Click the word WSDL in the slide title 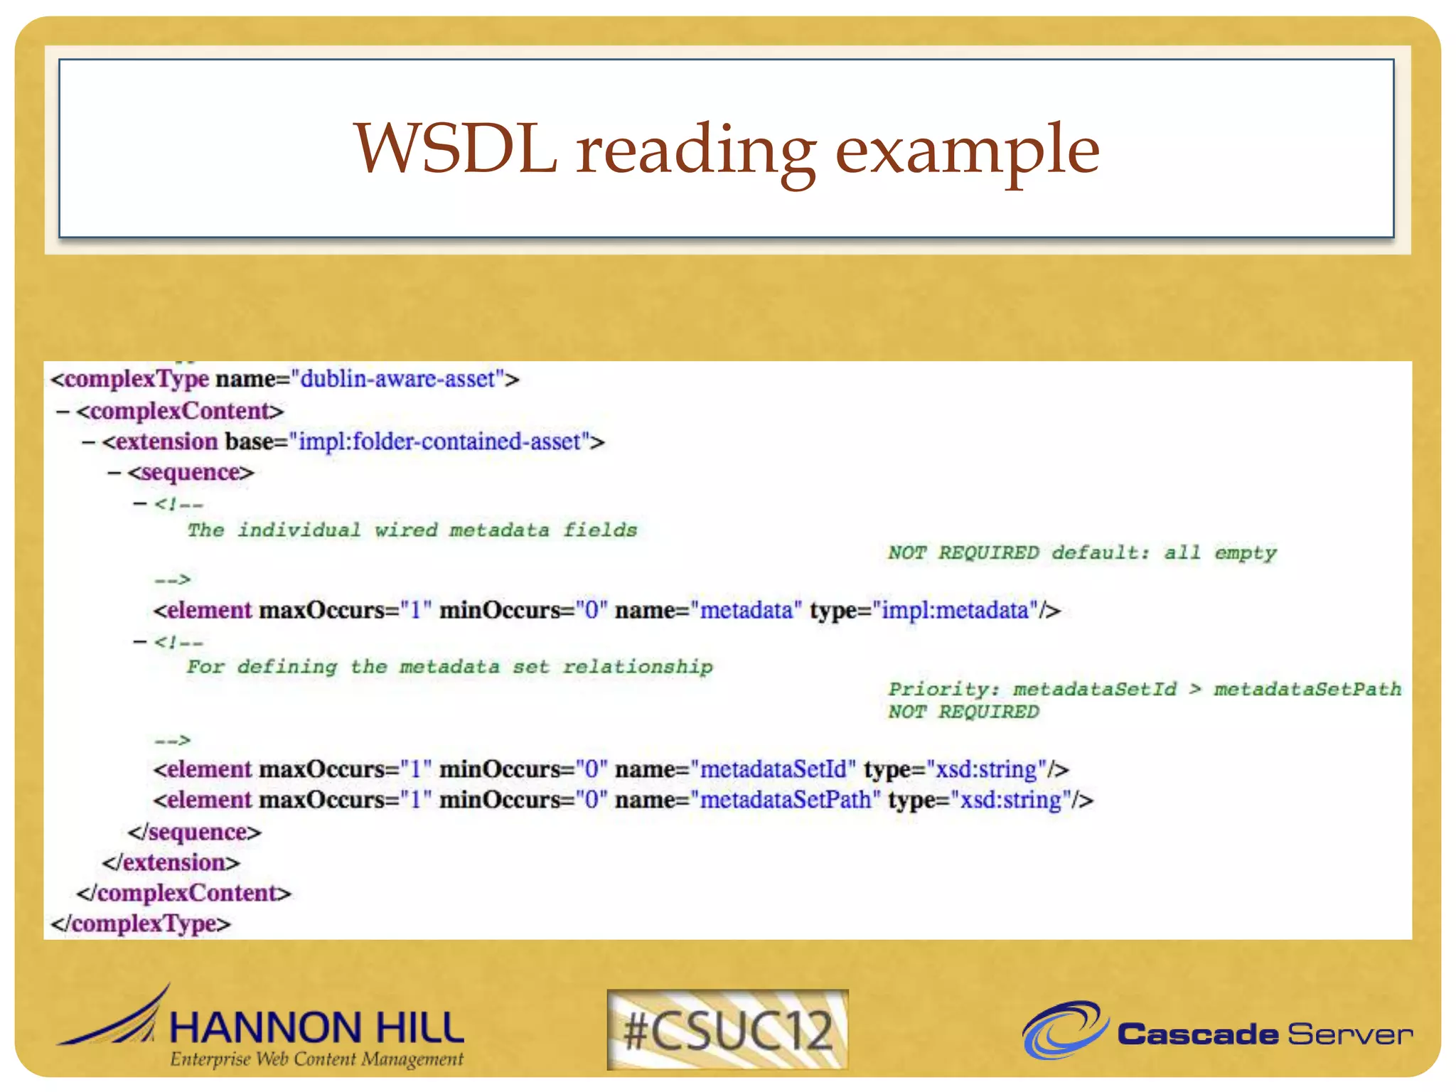(455, 149)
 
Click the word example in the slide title (967, 151)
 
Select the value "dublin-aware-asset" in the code (397, 379)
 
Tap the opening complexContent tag (180, 411)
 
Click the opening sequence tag (191, 473)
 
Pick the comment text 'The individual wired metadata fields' (412, 530)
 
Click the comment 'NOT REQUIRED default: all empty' (1081, 552)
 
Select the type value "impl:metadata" (955, 610)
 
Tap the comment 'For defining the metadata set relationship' (449, 667)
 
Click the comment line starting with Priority (1144, 689)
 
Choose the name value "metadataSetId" (773, 769)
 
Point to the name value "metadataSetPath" (785, 800)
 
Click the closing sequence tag (194, 832)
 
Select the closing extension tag (171, 862)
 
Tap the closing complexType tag (141, 924)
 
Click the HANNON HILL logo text (316, 1028)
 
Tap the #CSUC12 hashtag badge (727, 1030)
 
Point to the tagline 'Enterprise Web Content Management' (316, 1059)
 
